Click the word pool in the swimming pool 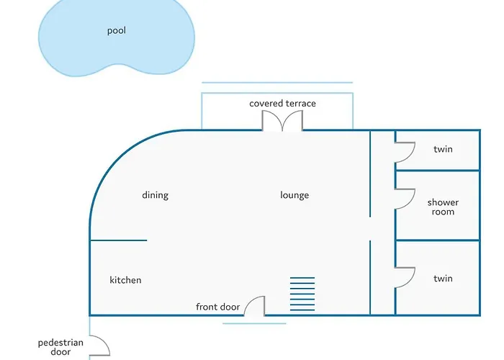tap(117, 31)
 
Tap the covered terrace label tap(282, 104)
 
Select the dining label tap(156, 195)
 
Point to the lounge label tap(294, 195)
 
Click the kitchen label tap(125, 280)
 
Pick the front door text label tap(218, 307)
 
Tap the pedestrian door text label tap(60, 347)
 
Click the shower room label tap(443, 207)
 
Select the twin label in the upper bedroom tap(443, 149)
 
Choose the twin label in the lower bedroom tap(443, 279)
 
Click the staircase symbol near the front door tap(302, 294)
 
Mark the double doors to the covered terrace tap(282, 121)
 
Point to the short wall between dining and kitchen tap(118, 240)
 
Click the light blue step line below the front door tap(254, 323)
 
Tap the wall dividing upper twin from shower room tap(438, 171)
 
